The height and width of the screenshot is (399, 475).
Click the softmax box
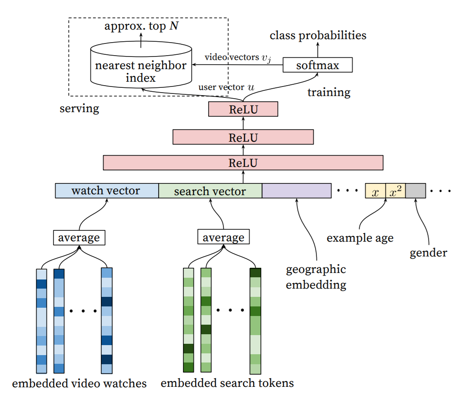pyautogui.click(x=317, y=65)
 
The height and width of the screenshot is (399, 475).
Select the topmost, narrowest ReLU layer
pyautogui.click(x=243, y=109)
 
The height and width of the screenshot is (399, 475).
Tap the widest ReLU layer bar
pyautogui.click(x=243, y=163)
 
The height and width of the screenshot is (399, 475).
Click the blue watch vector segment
pyautogui.click(x=106, y=191)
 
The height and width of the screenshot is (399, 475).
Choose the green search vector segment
pyautogui.click(x=210, y=191)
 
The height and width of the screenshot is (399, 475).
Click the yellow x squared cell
pyautogui.click(x=395, y=191)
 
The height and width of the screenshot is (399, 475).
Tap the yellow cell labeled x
pyautogui.click(x=375, y=191)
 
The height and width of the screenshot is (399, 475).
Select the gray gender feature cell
pyautogui.click(x=415, y=191)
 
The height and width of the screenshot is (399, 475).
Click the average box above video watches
pyautogui.click(x=79, y=238)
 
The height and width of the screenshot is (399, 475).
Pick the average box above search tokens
pyautogui.click(x=223, y=238)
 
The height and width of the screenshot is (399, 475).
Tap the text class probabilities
pyautogui.click(x=318, y=35)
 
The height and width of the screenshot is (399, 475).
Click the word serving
pyautogui.click(x=79, y=108)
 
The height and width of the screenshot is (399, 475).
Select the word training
pyautogui.click(x=329, y=92)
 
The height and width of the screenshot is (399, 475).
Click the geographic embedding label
pyautogui.click(x=316, y=277)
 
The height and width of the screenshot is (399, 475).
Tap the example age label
pyautogui.click(x=360, y=238)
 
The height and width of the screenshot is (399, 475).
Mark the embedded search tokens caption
pyautogui.click(x=227, y=383)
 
